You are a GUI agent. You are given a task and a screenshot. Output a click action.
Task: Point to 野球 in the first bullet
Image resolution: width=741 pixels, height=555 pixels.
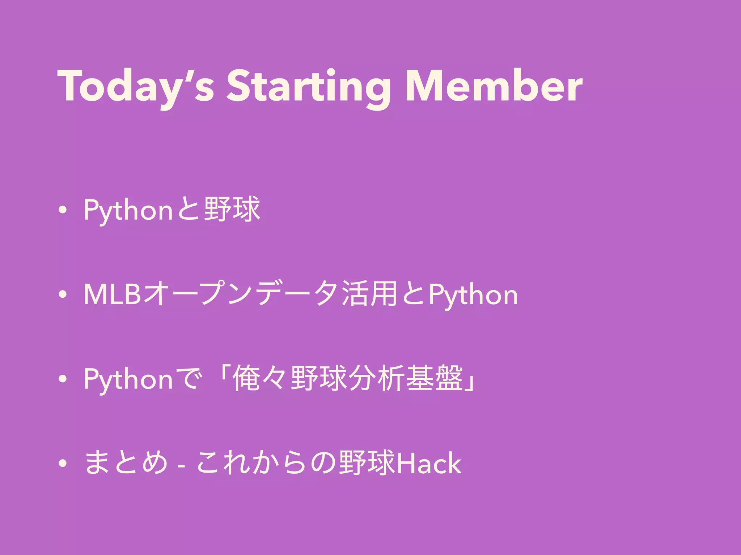232,210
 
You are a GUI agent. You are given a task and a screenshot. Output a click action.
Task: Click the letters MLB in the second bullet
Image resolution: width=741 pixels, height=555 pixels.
112,295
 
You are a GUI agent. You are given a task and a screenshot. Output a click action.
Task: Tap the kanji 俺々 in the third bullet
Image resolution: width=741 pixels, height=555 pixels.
261,379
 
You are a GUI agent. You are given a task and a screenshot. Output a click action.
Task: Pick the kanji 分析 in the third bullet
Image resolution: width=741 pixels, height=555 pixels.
376,379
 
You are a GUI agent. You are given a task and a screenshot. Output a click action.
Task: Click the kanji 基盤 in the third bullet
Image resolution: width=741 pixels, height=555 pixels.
434,379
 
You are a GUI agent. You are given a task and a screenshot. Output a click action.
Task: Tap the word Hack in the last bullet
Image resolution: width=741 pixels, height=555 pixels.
429,463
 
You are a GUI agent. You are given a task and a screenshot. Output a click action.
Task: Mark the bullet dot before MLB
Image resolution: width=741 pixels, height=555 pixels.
63,295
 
